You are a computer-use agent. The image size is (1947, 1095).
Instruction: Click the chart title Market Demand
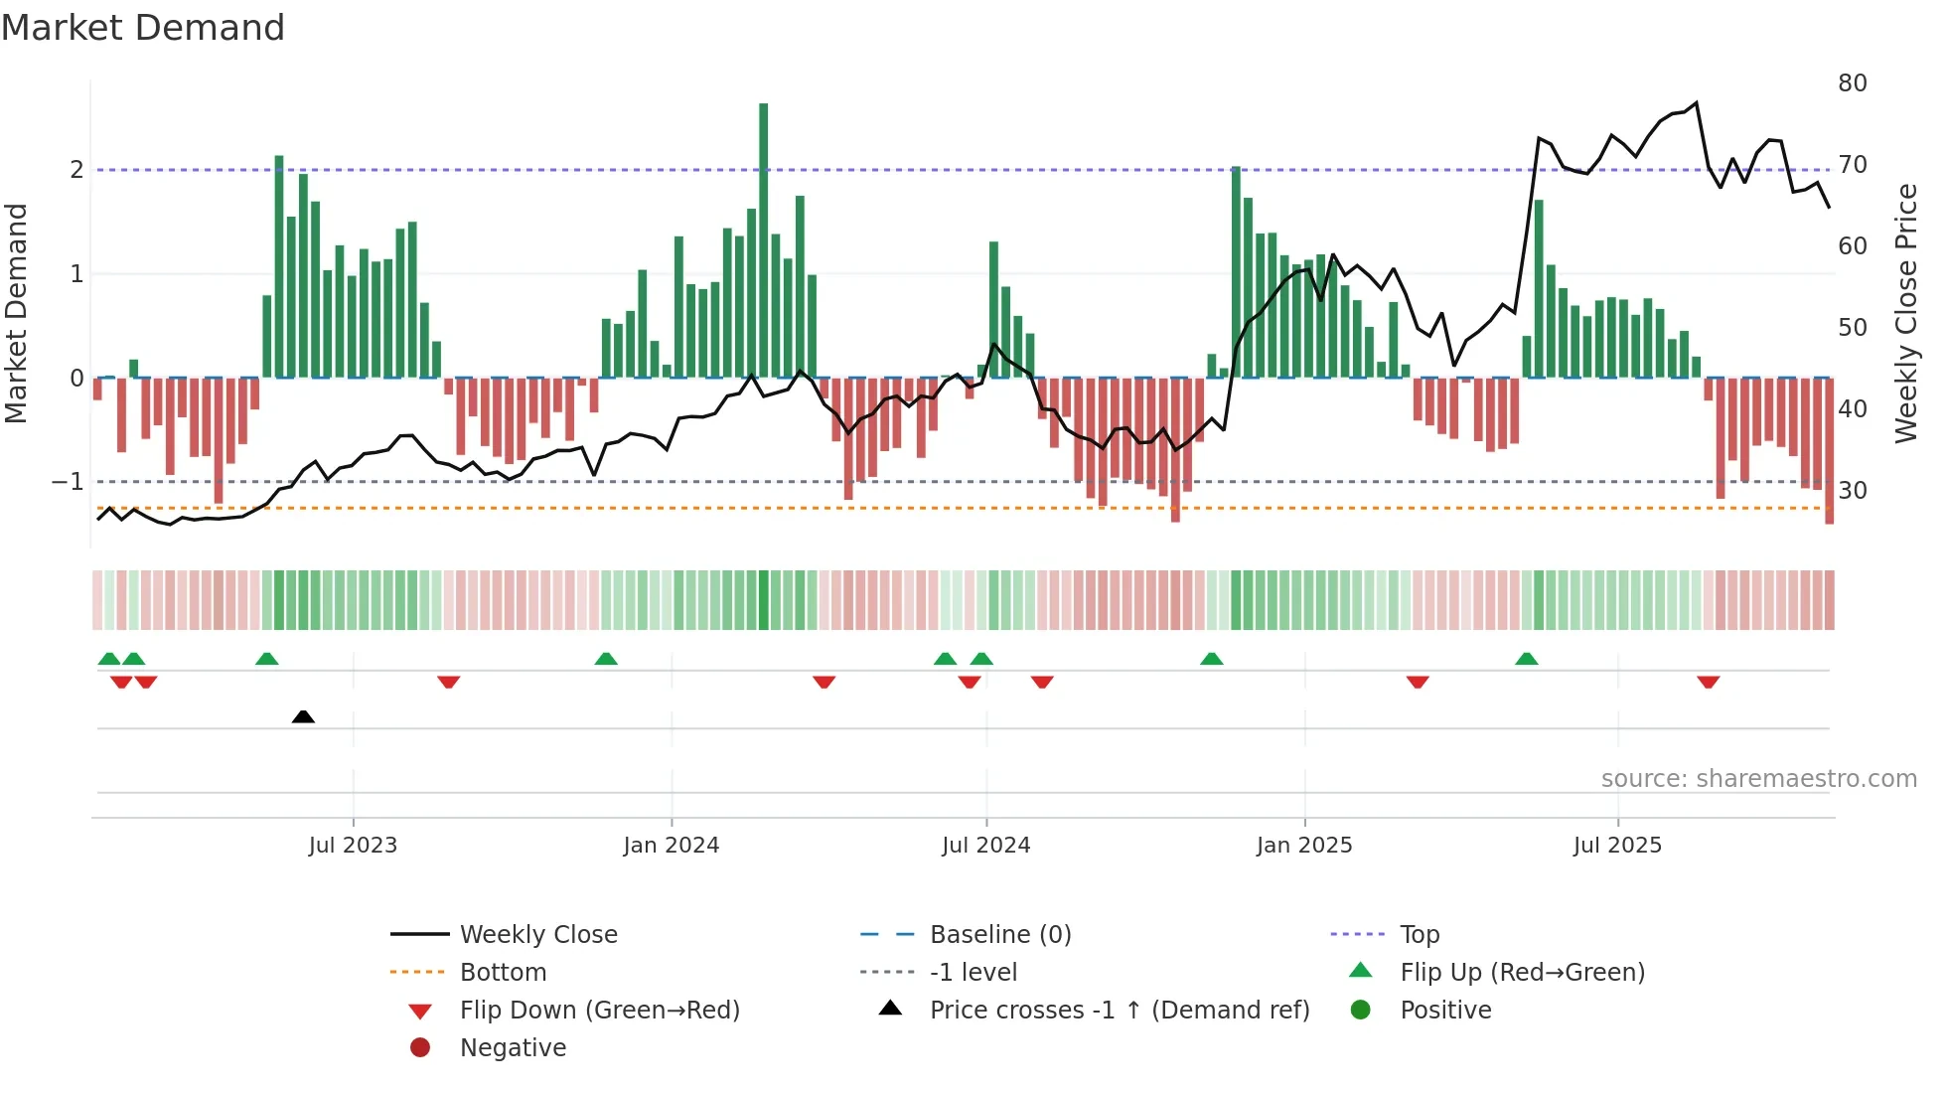[x=143, y=28]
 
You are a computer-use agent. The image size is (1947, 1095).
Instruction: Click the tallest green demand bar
[x=763, y=238]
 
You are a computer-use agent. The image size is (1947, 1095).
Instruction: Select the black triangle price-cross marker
[x=303, y=716]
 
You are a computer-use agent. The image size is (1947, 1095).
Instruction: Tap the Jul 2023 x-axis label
[x=353, y=846]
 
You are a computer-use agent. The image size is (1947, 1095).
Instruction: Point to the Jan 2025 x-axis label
[x=1303, y=846]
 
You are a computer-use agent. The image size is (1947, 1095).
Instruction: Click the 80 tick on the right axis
[x=1852, y=83]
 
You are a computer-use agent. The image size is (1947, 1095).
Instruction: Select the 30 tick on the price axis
[x=1852, y=491]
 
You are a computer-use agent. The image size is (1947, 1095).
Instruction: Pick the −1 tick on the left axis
[x=69, y=482]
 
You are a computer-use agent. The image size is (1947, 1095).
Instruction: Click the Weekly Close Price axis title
[x=1905, y=313]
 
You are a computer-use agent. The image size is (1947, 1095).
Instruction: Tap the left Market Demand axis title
[x=16, y=313]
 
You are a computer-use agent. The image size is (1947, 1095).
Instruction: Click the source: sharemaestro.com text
[x=1758, y=779]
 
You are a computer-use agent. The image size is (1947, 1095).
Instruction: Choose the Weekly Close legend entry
[x=537, y=935]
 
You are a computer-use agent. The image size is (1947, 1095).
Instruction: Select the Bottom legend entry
[x=503, y=973]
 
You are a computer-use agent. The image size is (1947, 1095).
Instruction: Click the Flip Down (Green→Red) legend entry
[x=599, y=1011]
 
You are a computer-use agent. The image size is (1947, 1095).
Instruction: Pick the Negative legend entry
[x=513, y=1048]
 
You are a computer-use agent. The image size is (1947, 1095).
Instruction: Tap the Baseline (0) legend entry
[x=999, y=935]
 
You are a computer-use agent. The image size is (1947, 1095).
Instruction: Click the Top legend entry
[x=1419, y=935]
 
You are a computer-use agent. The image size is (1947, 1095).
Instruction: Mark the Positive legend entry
[x=1445, y=1011]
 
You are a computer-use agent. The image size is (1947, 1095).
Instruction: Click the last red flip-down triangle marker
[x=1708, y=682]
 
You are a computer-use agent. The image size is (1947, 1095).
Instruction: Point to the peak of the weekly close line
[x=1696, y=103]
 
